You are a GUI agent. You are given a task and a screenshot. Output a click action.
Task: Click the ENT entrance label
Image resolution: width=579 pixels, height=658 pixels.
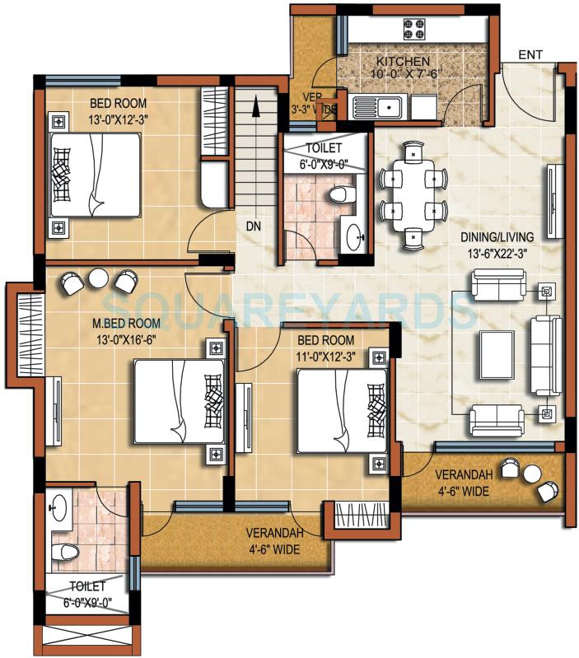click(x=531, y=54)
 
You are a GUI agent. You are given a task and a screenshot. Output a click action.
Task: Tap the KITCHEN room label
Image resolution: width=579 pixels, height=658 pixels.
click(x=403, y=62)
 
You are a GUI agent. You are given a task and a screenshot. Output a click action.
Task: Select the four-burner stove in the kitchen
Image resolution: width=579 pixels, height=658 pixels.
click(x=413, y=30)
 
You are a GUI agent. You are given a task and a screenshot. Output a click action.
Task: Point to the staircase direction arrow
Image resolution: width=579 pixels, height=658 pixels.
click(x=257, y=107)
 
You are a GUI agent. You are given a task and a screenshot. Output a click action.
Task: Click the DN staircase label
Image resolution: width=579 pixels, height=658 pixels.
click(x=254, y=224)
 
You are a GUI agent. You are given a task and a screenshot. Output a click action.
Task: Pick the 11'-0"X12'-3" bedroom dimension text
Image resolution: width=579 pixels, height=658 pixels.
click(x=326, y=354)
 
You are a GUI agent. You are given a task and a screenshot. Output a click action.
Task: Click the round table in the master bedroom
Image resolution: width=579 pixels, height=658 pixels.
click(x=99, y=279)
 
